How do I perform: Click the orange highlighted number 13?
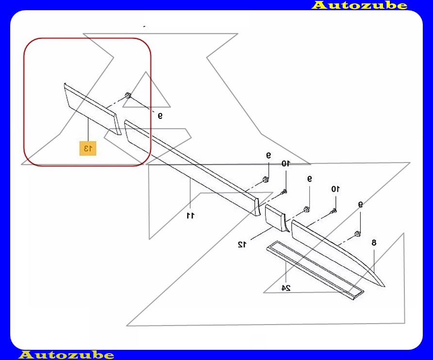pos(88,148)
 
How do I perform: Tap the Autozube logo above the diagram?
pos(359,5)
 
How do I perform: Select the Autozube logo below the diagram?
pos(66,355)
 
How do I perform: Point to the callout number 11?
pos(191,215)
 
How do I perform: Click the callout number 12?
pos(242,245)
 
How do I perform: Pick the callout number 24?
pos(286,288)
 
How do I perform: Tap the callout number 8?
pos(374,243)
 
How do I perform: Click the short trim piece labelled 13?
pos(93,109)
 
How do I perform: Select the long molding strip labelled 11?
pos(192,168)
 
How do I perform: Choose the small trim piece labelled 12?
pos(275,217)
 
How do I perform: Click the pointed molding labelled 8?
pos(337,253)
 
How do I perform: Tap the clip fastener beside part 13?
pos(128,96)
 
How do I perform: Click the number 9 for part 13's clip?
pos(160,115)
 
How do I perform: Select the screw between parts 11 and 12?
pos(283,192)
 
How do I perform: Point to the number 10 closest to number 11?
pos(285,164)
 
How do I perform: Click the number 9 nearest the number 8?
pos(360,204)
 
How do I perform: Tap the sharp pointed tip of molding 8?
pos(384,287)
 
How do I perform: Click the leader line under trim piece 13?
pos(88,130)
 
